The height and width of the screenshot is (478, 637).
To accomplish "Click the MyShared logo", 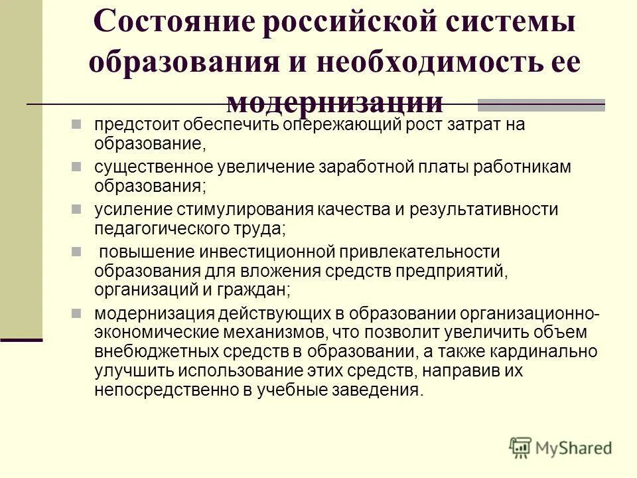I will coord(561,447).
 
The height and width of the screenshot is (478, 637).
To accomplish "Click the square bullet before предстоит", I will coord(76,123).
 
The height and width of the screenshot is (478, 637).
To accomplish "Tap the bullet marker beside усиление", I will coord(76,208).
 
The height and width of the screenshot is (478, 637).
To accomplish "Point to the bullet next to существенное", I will coord(76,165).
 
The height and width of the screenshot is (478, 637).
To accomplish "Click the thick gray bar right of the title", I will coord(541,104).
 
